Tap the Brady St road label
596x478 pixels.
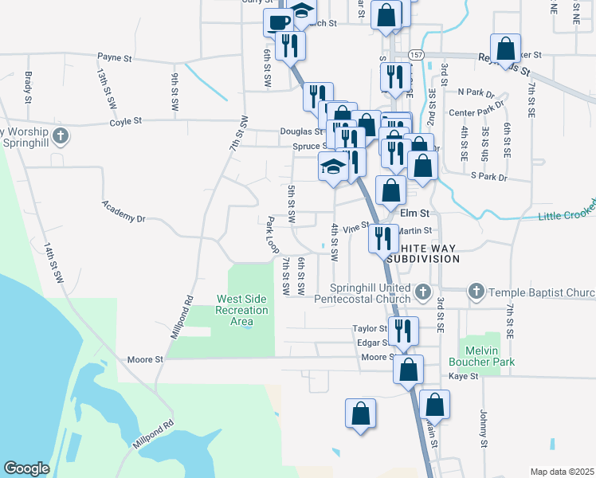click(28, 88)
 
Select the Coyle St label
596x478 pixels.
click(125, 121)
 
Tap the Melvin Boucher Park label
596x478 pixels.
click(487, 355)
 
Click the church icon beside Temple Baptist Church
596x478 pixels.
click(476, 292)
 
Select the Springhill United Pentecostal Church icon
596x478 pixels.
click(424, 292)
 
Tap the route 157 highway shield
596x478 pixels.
click(417, 53)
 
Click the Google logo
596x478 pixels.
click(26, 468)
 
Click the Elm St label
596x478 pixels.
click(414, 213)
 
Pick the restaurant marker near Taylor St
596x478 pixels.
click(402, 329)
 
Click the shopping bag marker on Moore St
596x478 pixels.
click(408, 370)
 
